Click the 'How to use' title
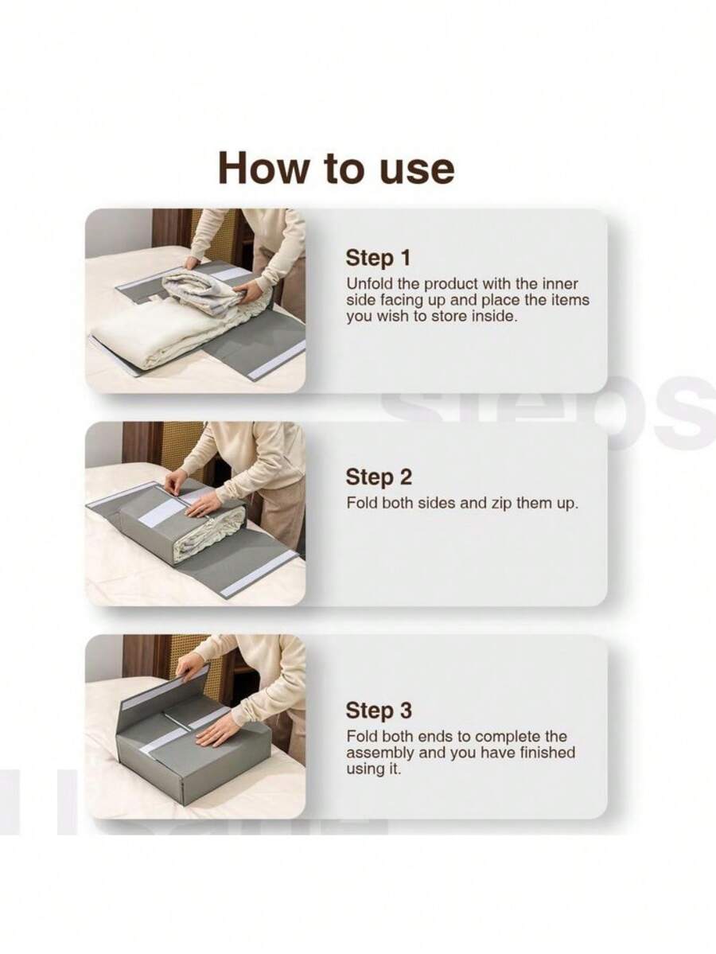point(336,168)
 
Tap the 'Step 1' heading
point(379,258)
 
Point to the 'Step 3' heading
point(379,711)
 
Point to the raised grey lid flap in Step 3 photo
point(159,691)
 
